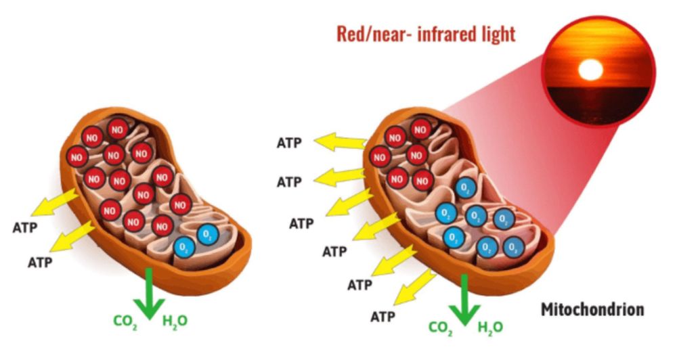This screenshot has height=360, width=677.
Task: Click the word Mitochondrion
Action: pyautogui.click(x=592, y=309)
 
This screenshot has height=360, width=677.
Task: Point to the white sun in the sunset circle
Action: pyautogui.click(x=590, y=70)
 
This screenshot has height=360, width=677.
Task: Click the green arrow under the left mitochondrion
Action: pyautogui.click(x=149, y=294)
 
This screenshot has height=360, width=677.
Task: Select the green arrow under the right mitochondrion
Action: pyautogui.click(x=464, y=300)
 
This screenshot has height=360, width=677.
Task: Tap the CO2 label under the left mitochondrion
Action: pyautogui.click(x=125, y=321)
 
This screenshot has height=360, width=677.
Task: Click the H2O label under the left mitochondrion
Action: pyautogui.click(x=175, y=321)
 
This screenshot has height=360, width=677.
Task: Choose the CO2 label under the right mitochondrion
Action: pyautogui.click(x=441, y=328)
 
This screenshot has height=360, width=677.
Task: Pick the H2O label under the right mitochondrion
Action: pyautogui.click(x=490, y=328)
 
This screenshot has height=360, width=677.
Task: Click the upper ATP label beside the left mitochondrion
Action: pyautogui.click(x=25, y=227)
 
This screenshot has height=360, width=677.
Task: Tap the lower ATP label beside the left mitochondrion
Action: pyautogui.click(x=40, y=263)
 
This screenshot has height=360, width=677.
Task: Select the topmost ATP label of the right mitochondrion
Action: pyautogui.click(x=289, y=143)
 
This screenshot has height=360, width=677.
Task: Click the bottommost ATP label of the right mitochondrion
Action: pyautogui.click(x=383, y=317)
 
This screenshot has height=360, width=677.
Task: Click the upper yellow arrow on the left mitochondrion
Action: pyautogui.click(x=55, y=202)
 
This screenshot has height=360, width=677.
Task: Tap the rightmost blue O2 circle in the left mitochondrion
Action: pyautogui.click(x=208, y=235)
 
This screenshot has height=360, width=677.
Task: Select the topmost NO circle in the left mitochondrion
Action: pyautogui.click(x=117, y=129)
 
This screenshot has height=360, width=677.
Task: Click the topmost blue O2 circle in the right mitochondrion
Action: pyautogui.click(x=465, y=187)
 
